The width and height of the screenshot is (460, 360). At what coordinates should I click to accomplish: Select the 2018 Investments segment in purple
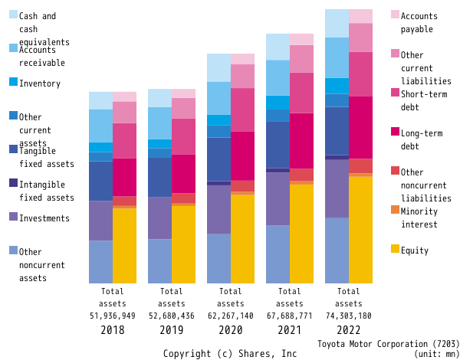click(100, 221)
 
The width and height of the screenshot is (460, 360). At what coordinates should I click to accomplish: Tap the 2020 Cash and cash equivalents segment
click(219, 67)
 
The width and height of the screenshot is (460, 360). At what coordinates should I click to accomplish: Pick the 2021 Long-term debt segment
click(301, 141)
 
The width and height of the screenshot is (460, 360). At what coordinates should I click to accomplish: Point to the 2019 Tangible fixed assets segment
click(159, 177)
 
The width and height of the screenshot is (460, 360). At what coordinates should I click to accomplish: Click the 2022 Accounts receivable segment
click(337, 57)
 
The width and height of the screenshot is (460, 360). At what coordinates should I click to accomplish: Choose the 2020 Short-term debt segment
click(242, 110)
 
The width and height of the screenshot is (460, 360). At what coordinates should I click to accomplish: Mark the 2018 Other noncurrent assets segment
click(100, 262)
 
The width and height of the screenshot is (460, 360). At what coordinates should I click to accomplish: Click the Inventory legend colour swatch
click(13, 82)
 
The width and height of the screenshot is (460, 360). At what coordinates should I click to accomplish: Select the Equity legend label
click(414, 250)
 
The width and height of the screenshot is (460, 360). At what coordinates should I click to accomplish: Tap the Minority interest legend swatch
click(396, 209)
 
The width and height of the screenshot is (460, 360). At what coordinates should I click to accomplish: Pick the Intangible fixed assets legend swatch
click(13, 183)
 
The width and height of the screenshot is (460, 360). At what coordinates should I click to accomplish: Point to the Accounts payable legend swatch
click(396, 15)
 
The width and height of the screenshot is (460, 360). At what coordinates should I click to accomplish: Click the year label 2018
click(113, 331)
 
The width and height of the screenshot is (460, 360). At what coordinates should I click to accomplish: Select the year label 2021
click(290, 331)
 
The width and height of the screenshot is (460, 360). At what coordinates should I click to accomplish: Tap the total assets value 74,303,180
click(349, 316)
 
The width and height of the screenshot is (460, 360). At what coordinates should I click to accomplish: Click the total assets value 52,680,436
click(172, 316)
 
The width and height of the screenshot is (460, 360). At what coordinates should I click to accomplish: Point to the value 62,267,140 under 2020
click(231, 316)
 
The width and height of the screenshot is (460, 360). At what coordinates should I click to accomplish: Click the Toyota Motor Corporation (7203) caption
click(388, 344)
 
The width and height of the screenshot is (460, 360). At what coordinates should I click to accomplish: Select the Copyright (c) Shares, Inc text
click(230, 353)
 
